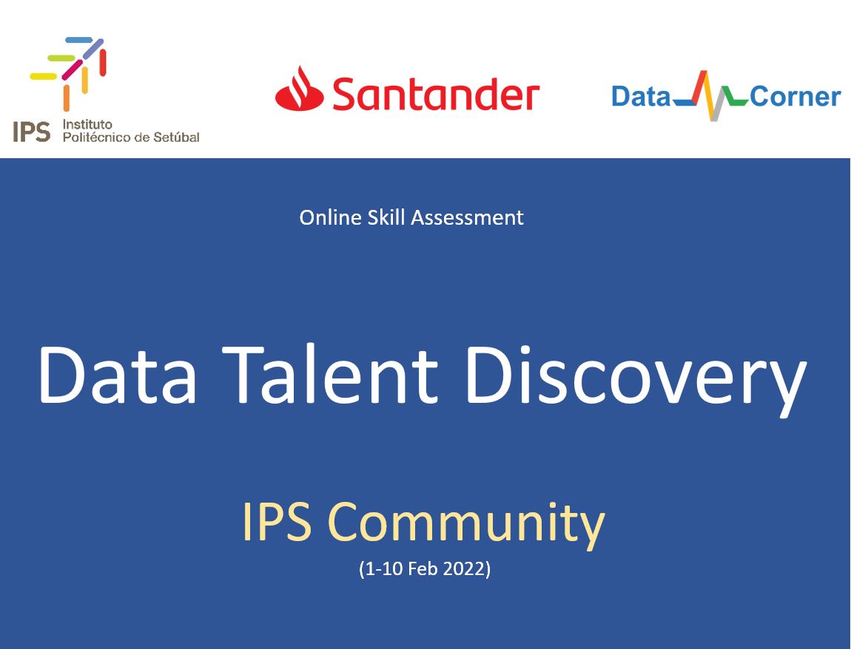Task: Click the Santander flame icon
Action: pos(299,89)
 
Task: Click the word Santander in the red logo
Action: pos(435,95)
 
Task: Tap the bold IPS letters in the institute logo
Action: pos(32,132)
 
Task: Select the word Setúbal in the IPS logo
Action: pos(176,137)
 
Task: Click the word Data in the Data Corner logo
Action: pos(640,97)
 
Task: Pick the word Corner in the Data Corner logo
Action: pos(795,97)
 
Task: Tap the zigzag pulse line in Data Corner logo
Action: pos(710,96)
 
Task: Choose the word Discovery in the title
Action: pos(635,377)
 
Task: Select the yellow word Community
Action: pos(466,523)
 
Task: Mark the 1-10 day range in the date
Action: pos(383,570)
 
